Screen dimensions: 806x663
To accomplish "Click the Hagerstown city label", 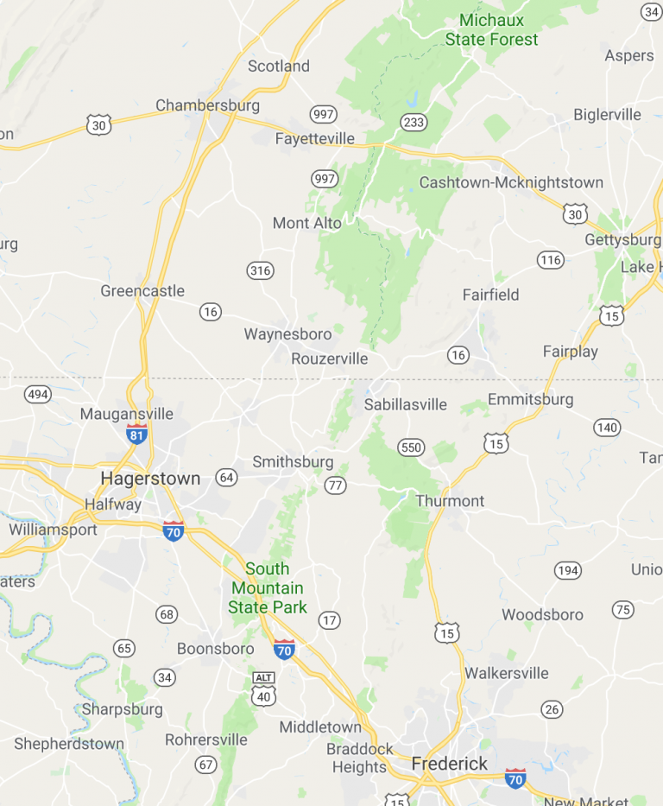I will (x=150, y=479).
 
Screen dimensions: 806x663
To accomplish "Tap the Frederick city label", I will (x=449, y=764).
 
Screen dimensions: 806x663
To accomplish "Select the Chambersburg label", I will (x=207, y=105).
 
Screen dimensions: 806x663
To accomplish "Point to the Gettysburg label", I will (x=622, y=239).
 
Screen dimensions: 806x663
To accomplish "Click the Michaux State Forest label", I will (x=491, y=29).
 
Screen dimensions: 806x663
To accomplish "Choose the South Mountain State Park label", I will (x=268, y=588).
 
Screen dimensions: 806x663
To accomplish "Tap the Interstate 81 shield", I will (x=136, y=434).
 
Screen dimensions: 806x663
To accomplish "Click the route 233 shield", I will (x=414, y=122).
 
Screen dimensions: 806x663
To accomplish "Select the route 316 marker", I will (x=259, y=270).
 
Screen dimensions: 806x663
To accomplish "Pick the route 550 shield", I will (x=411, y=447).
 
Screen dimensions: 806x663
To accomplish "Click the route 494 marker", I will (x=38, y=395).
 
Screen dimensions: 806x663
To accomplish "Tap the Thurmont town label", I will (x=450, y=501).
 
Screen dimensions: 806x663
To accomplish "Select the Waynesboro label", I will (x=287, y=334).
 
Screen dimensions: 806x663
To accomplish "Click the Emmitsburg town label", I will (x=530, y=399).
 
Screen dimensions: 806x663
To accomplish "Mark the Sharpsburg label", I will (x=122, y=709).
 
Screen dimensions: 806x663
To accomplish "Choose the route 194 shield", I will (x=568, y=570).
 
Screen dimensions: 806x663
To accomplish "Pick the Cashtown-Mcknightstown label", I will (x=511, y=182).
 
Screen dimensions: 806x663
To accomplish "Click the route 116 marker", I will (x=550, y=259).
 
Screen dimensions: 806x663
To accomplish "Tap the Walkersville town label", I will (x=506, y=673).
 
